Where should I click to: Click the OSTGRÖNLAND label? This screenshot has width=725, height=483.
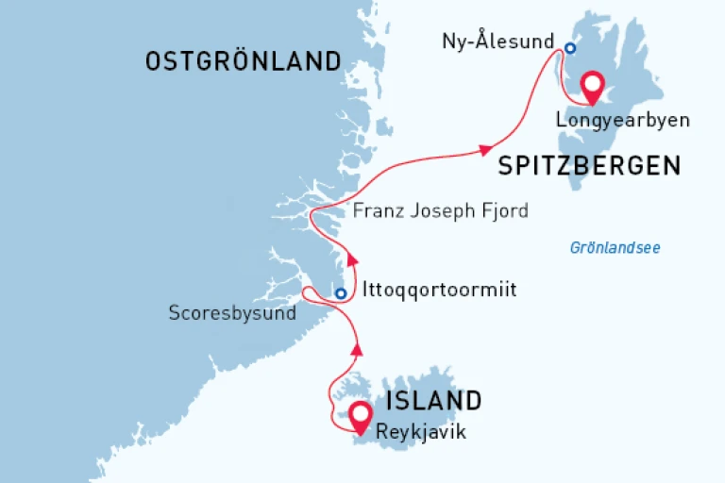(x=243, y=62)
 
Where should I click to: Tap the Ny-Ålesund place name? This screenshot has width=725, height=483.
(x=499, y=42)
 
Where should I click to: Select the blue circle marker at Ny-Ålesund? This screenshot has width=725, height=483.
(x=570, y=48)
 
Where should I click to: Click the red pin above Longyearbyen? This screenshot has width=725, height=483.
(x=593, y=86)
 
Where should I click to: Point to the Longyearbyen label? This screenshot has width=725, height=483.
(x=622, y=121)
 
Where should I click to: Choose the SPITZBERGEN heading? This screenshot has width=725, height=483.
(x=589, y=166)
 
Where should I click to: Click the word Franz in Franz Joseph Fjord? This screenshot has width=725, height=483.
(x=376, y=210)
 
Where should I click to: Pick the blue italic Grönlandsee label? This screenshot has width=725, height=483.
(x=615, y=248)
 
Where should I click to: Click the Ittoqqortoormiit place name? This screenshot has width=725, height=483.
(x=439, y=291)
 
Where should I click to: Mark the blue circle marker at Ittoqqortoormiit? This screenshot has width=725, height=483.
(x=341, y=293)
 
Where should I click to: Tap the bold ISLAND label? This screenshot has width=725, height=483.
(x=432, y=400)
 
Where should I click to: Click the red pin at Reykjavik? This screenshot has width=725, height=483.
(x=359, y=414)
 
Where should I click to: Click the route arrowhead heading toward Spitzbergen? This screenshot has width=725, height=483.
(x=486, y=149)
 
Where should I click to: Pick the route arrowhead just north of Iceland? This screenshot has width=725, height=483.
(x=356, y=349)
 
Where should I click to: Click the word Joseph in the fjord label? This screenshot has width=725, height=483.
(x=442, y=210)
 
